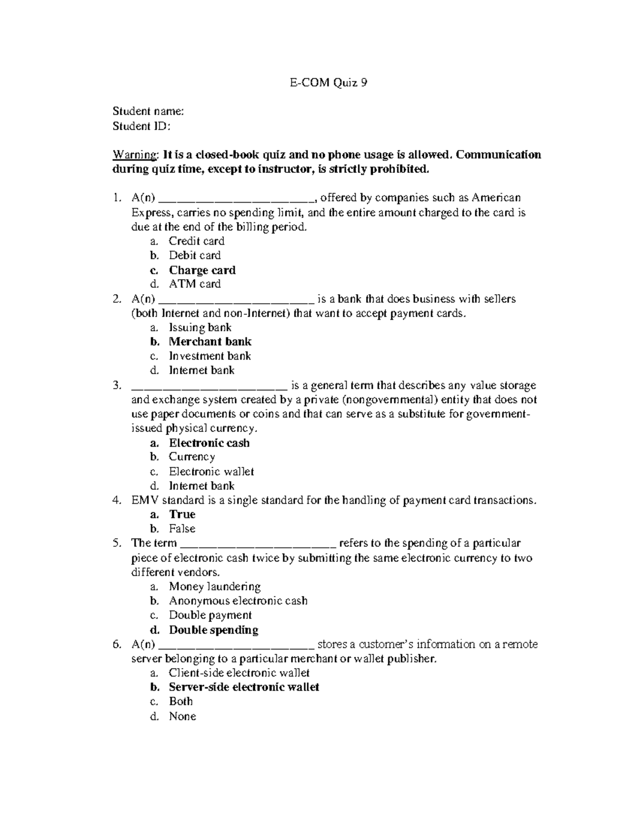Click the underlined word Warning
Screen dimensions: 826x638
tap(135, 155)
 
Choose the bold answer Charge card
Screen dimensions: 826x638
tap(202, 270)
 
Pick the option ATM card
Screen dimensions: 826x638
tap(195, 284)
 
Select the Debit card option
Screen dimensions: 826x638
tap(195, 255)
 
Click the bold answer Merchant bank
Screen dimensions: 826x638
tap(210, 341)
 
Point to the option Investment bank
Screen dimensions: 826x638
tap(209, 356)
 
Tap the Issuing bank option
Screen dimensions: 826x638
tap(200, 328)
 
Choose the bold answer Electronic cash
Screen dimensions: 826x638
tap(209, 443)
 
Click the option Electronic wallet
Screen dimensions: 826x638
tap(211, 472)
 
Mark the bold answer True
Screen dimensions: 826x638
tap(182, 514)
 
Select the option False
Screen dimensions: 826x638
tap(182, 529)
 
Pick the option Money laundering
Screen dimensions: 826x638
tap(214, 587)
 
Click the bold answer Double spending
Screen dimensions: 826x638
tap(213, 630)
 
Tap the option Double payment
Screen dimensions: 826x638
tap(210, 615)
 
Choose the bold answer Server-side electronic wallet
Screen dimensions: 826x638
tap(244, 687)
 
